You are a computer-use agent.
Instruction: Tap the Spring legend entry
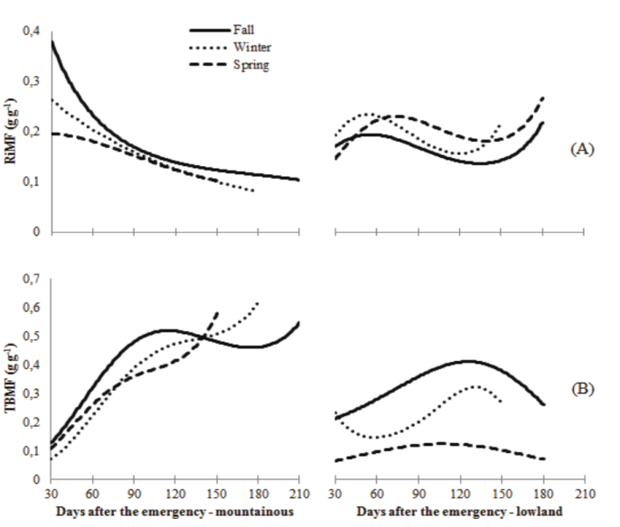[x=252, y=65]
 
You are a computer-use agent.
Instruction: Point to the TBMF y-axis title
[x=12, y=379]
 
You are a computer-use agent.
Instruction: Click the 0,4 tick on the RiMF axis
[x=33, y=32]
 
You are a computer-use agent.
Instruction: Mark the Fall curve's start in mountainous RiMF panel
[x=52, y=42]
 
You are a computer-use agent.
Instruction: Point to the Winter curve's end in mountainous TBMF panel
[x=258, y=302]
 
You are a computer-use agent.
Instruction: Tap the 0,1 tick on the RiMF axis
[x=33, y=182]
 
